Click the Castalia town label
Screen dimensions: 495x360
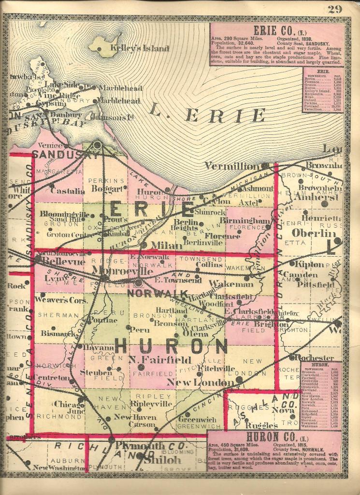67,191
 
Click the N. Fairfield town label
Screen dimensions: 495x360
153,360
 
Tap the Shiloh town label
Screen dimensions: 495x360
161,461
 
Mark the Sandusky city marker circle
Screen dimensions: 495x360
97,144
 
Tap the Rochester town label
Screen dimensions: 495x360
318,358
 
